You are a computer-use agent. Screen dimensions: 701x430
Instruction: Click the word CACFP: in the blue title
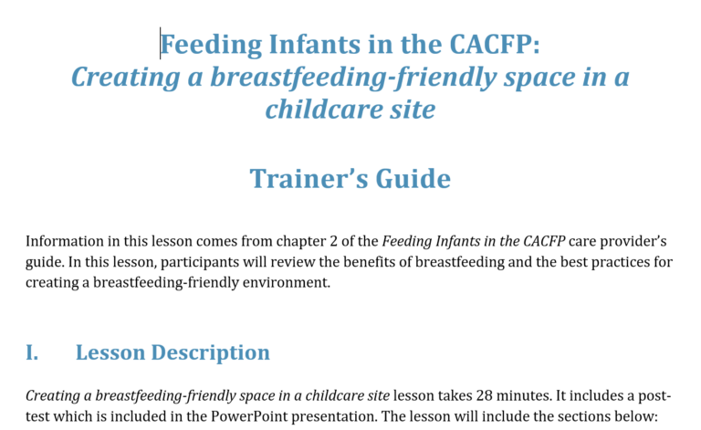[495, 44]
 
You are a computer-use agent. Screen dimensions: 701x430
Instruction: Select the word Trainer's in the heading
[309, 179]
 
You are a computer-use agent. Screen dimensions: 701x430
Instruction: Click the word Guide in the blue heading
[413, 179]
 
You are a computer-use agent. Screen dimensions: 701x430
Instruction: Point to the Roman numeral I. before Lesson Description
[32, 352]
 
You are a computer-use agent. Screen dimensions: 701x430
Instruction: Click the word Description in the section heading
[210, 353]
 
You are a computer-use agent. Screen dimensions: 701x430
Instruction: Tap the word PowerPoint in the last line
[249, 416]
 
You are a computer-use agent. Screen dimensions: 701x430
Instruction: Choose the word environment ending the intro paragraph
[286, 282]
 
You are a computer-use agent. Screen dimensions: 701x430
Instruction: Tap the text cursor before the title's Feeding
[160, 43]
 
